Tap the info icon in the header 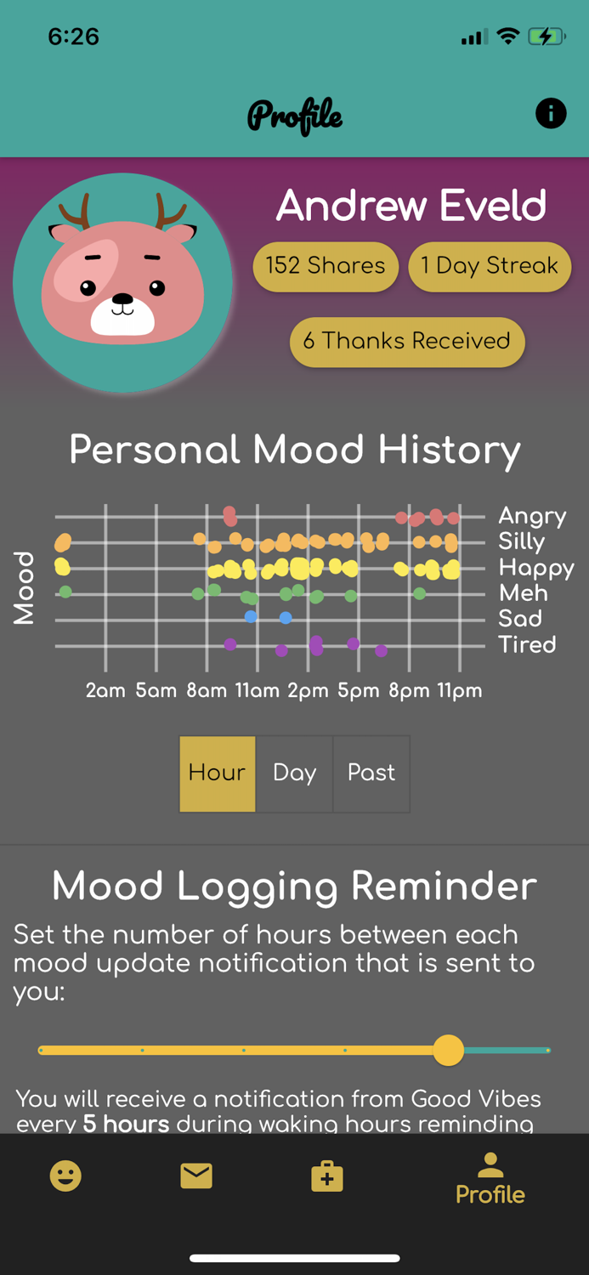click(551, 113)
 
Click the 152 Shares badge click(326, 266)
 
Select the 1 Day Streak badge click(490, 266)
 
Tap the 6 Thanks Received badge click(407, 342)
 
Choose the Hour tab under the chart click(217, 773)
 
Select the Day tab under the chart click(294, 773)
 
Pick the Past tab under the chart click(371, 773)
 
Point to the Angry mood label click(532, 516)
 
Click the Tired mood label click(527, 644)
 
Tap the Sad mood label click(520, 619)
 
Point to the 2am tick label click(105, 691)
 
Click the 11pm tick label click(460, 691)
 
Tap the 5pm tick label click(359, 691)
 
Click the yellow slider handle click(448, 1050)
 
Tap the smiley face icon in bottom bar click(65, 1176)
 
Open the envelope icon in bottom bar click(196, 1176)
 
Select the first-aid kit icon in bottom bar click(327, 1176)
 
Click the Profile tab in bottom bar click(490, 1179)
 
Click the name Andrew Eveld click(411, 207)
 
